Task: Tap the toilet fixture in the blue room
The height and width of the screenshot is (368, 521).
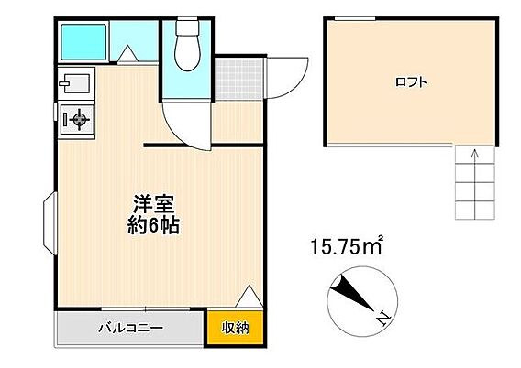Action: click(x=187, y=47)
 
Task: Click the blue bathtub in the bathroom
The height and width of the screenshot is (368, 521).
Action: click(x=84, y=41)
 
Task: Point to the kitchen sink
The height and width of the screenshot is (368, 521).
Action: click(x=75, y=86)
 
